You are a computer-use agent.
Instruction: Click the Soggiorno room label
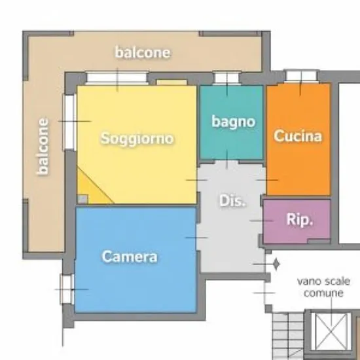pyautogui.click(x=137, y=139)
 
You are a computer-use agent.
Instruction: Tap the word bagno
pyautogui.click(x=233, y=122)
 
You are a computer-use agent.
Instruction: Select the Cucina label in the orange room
pyautogui.click(x=298, y=135)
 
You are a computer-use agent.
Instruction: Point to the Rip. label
pyautogui.click(x=300, y=220)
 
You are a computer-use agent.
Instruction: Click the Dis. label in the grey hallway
pyautogui.click(x=232, y=201)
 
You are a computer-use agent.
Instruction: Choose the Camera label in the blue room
pyautogui.click(x=130, y=257)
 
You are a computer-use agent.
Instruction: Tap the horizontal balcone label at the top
pyautogui.click(x=143, y=52)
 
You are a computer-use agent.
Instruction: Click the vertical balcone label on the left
pyautogui.click(x=43, y=147)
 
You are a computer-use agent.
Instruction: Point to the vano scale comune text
pyautogui.click(x=323, y=287)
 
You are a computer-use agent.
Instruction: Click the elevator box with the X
pyautogui.click(x=331, y=332)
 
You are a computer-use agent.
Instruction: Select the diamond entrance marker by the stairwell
pyautogui.click(x=276, y=264)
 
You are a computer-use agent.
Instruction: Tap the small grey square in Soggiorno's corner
pyautogui.click(x=82, y=199)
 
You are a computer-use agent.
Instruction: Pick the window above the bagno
pyautogui.click(x=227, y=78)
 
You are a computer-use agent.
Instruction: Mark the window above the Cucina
pyautogui.click(x=301, y=76)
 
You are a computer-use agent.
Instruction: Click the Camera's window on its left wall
pyautogui.click(x=67, y=289)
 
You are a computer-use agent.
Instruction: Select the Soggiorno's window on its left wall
pyautogui.click(x=69, y=122)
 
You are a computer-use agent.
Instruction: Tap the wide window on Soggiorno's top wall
pyautogui.click(x=117, y=78)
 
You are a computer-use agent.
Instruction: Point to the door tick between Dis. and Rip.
pyautogui.click(x=262, y=221)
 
